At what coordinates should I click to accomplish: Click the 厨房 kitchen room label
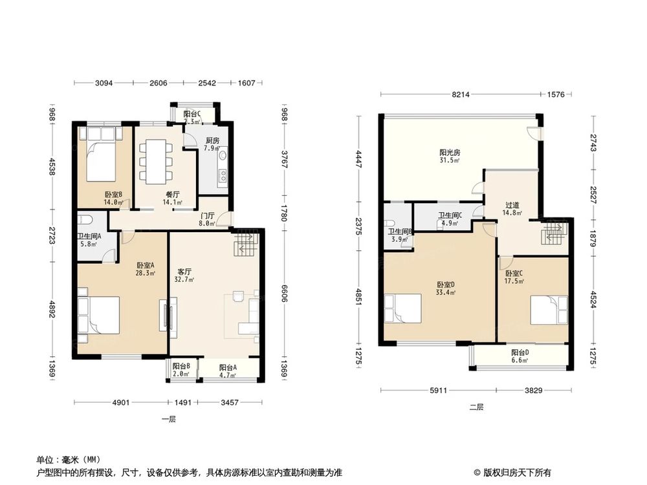click(x=212, y=140)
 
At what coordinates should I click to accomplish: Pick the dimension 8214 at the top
click(x=460, y=94)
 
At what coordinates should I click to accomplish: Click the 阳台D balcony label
click(x=520, y=352)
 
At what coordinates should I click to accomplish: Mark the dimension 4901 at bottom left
click(x=121, y=403)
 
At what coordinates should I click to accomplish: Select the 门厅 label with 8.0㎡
click(x=207, y=216)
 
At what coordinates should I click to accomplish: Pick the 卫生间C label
click(x=450, y=216)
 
